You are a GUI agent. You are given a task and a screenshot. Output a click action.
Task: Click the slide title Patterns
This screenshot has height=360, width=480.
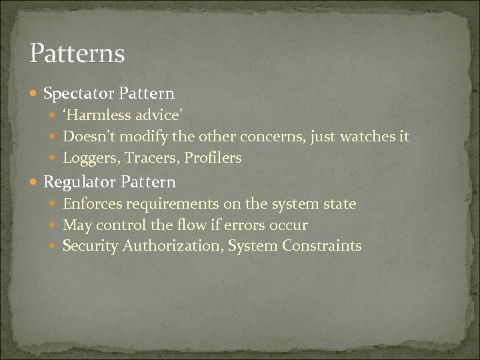[77, 53]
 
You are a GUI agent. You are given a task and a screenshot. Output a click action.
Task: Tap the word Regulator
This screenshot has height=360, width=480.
[79, 182]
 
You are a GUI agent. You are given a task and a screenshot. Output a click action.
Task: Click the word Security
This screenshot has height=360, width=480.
[89, 246]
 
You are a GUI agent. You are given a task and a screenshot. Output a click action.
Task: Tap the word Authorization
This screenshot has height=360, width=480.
[171, 246]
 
